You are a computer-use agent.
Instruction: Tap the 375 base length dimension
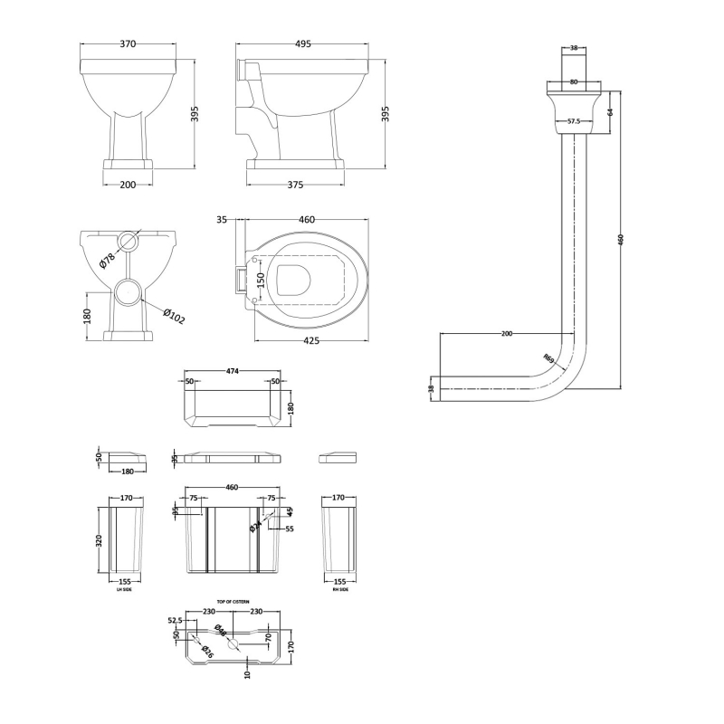pos(295,185)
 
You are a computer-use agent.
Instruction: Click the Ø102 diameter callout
pos(174,318)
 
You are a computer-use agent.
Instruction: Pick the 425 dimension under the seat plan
pos(310,341)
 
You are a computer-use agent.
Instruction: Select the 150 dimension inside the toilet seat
pos(260,282)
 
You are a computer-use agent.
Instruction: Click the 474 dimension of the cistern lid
pos(232,370)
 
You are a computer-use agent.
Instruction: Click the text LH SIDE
pos(126,589)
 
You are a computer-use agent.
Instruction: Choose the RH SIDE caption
pos(338,589)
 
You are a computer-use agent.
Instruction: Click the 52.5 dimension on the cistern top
pos(175,620)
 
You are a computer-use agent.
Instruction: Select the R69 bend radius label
pos(548,357)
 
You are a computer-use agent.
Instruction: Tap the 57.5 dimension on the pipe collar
pos(573,121)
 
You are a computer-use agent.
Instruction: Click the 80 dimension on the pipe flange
pos(573,82)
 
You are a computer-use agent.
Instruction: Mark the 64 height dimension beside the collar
pos(610,112)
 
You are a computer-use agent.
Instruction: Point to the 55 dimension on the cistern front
pos(290,529)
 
